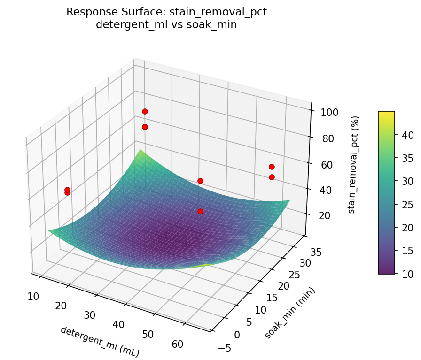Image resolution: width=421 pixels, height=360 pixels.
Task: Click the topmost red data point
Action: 145,111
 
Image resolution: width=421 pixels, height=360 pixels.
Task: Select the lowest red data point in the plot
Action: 200,211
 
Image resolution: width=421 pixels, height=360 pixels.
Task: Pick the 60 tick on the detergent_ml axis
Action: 178,344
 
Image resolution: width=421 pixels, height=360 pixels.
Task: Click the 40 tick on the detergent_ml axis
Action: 119,325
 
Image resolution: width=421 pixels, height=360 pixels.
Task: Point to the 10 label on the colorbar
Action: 407,274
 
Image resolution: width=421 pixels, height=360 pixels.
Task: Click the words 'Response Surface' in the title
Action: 103,12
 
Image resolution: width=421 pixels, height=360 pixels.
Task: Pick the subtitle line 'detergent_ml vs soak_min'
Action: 166,25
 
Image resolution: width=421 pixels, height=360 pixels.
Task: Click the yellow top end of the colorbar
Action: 386,114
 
